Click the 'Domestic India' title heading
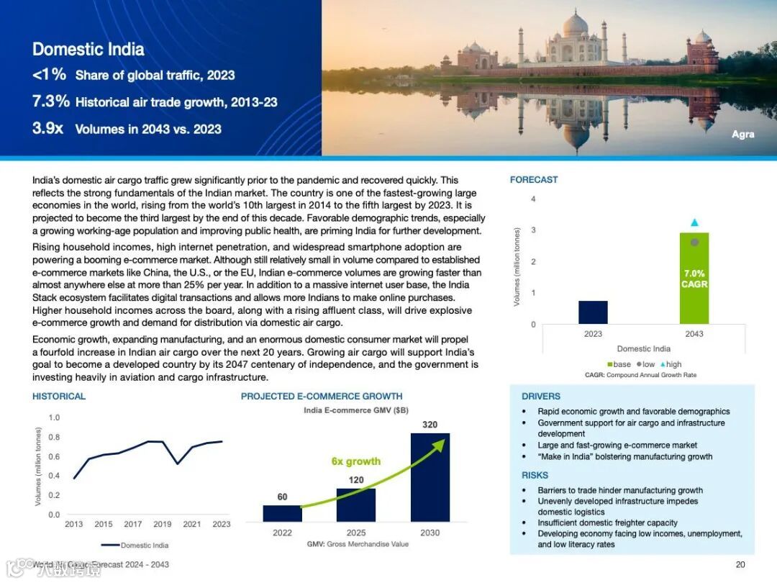pyautogui.click(x=88, y=50)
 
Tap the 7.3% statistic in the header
pyautogui.click(x=51, y=101)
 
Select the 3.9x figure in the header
pyautogui.click(x=48, y=129)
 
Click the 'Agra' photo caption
pyautogui.click(x=742, y=135)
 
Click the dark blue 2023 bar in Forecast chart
pyautogui.click(x=593, y=312)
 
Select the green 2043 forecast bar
pyautogui.click(x=694, y=302)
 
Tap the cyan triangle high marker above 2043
pyautogui.click(x=694, y=222)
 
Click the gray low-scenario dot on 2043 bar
pyautogui.click(x=694, y=243)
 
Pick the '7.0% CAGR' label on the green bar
pyautogui.click(x=694, y=279)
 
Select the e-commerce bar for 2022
pyautogui.click(x=282, y=513)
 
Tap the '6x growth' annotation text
pyautogui.click(x=355, y=461)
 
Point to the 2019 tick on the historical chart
pyautogui.click(x=162, y=524)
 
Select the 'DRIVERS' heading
pyautogui.click(x=540, y=397)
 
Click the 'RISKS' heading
pyautogui.click(x=535, y=475)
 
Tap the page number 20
pyautogui.click(x=740, y=564)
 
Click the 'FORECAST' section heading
pyautogui.click(x=533, y=180)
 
